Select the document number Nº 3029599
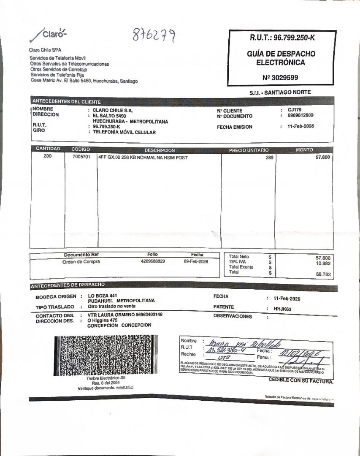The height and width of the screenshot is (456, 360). [280, 78]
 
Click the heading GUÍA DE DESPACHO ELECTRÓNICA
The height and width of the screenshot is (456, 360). [281, 58]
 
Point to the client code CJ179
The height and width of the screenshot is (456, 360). [295, 109]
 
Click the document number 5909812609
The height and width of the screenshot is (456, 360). [300, 115]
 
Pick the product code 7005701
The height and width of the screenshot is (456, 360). [81, 157]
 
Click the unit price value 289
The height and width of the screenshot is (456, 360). [269, 157]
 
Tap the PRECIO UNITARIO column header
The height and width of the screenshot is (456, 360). [249, 150]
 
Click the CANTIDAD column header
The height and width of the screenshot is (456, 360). [48, 149]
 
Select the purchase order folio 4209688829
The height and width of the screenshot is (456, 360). [153, 261]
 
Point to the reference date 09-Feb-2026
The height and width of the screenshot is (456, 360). [196, 261]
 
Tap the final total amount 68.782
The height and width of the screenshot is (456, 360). [323, 274]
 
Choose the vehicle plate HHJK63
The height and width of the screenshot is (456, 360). [283, 309]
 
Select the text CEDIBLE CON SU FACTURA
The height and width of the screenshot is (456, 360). [301, 380]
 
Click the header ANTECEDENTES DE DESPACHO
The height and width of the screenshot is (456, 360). [68, 285]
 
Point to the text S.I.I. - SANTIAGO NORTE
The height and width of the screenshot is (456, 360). [280, 92]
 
